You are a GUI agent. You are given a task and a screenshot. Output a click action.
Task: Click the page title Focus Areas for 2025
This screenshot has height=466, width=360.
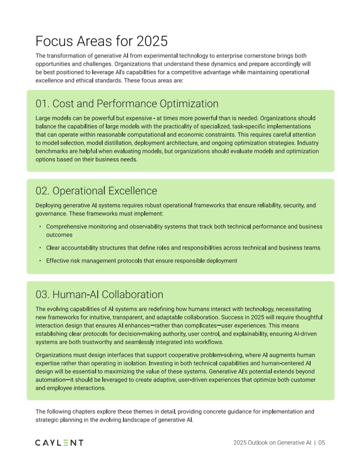pos(101,41)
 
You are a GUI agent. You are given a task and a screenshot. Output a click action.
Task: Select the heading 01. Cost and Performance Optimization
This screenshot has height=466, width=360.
pos(127,104)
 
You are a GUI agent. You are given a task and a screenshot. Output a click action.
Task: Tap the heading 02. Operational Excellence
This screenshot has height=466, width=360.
pos(96,191)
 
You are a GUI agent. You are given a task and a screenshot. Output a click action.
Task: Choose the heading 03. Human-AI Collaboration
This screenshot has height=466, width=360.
pos(99,295)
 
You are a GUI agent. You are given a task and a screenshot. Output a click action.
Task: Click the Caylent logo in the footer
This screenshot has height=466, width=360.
pos(59,443)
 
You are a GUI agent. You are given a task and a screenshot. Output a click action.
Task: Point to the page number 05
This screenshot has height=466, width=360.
pos(322,443)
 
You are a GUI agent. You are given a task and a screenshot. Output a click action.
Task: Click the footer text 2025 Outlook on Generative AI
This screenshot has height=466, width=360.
pos(272,443)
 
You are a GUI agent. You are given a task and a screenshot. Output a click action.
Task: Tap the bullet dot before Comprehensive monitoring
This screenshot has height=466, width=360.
pos(40,227)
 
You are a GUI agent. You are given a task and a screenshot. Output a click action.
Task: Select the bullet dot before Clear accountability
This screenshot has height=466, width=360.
pos(40,248)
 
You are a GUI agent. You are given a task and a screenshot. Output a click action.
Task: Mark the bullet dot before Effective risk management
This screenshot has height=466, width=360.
pos(40,261)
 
